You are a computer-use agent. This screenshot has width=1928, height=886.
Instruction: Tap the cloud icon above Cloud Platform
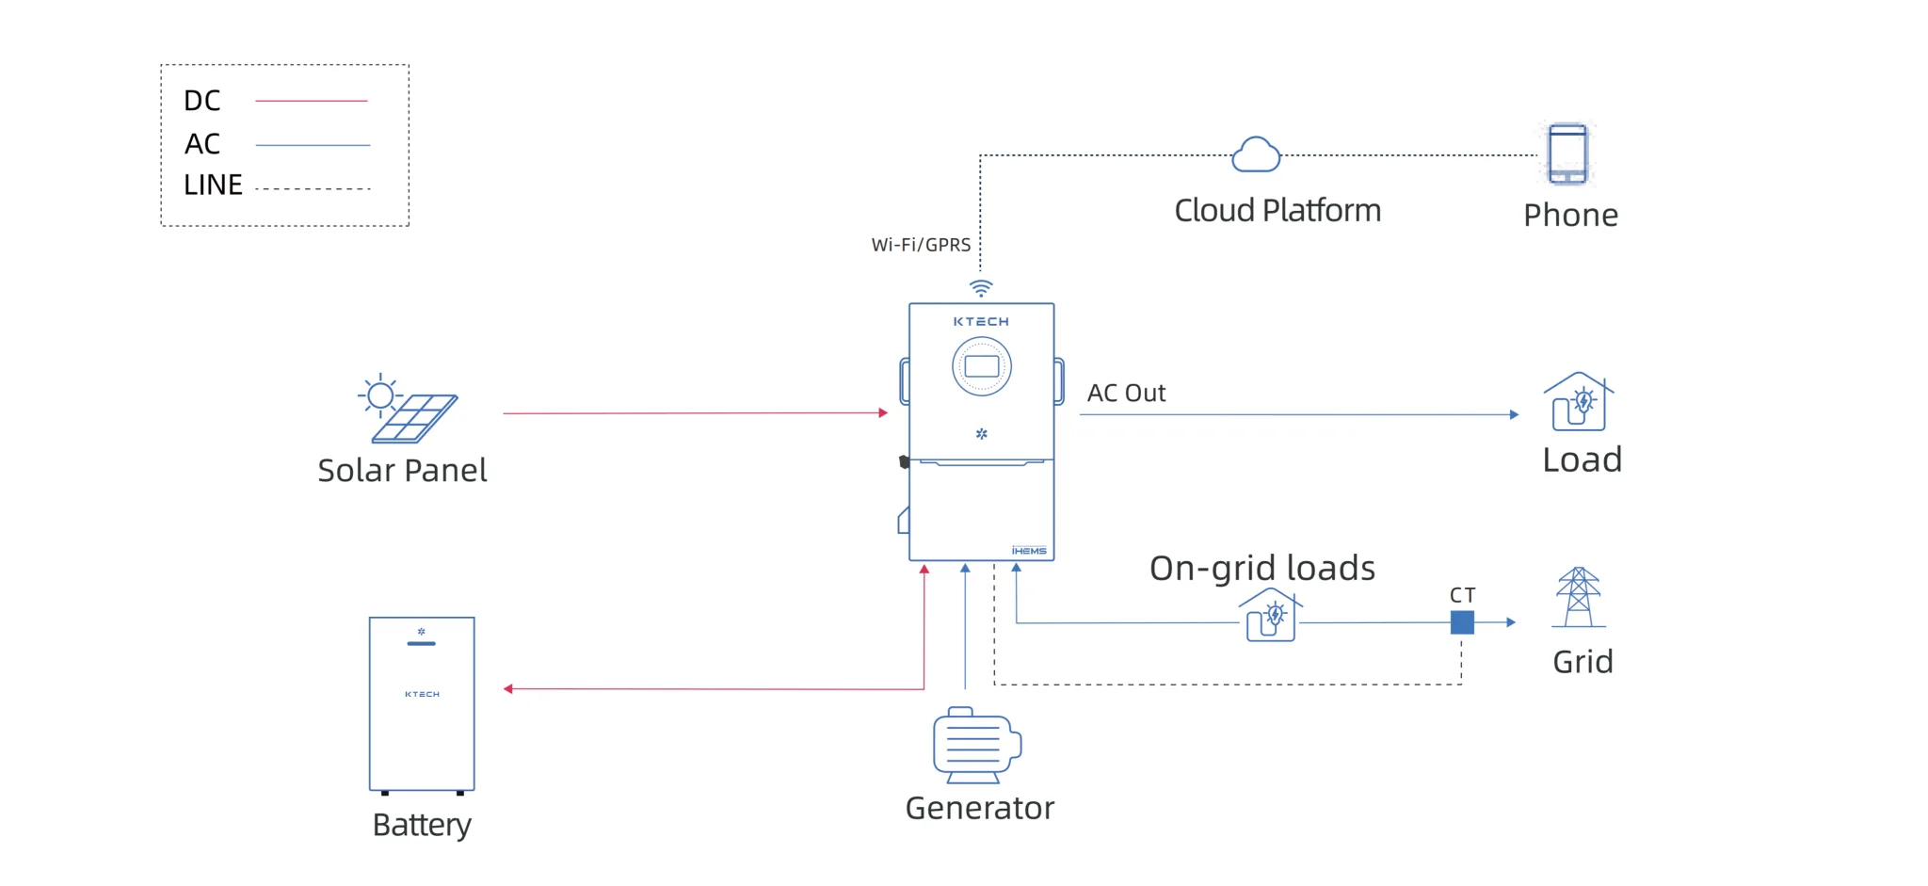coord(1256,154)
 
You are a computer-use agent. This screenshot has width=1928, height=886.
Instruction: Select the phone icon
coord(1567,153)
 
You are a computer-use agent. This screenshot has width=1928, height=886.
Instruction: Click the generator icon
coord(977,745)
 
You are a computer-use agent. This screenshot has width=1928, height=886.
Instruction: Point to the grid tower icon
coord(1579,597)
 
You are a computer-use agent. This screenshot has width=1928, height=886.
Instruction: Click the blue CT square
coord(1462,622)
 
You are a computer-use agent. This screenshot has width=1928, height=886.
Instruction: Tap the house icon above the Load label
coord(1579,402)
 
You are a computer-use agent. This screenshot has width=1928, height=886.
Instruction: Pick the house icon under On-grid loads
coord(1271,616)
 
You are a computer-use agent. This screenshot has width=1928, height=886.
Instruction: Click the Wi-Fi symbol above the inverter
coord(981,288)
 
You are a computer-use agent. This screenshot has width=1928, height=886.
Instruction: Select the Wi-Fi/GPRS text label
coord(921,245)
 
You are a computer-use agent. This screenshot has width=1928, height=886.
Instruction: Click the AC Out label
coord(1126,393)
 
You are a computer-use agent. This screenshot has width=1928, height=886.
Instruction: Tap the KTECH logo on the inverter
coord(981,322)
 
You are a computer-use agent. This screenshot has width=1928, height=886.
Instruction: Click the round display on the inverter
coord(982,366)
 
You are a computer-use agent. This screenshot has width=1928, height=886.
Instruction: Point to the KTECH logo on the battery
coord(422,694)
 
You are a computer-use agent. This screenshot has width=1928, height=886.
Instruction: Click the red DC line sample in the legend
coord(312,101)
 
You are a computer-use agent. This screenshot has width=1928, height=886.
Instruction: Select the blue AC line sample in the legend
coord(313,145)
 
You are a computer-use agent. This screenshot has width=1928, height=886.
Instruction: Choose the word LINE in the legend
coord(213,185)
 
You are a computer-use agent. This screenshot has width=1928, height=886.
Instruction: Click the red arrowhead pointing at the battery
coord(508,689)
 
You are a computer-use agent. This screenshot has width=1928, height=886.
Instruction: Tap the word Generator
coord(980,808)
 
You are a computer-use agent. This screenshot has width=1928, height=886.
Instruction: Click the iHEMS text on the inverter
coord(1029,551)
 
